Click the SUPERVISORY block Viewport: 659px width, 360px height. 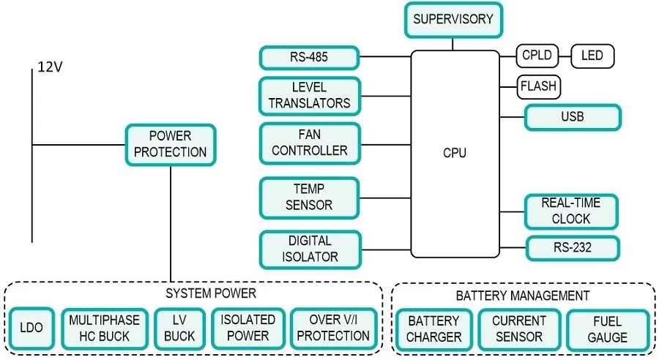tap(454, 20)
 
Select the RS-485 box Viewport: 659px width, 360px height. tap(309, 58)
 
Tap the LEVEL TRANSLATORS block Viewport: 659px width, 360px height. tap(309, 96)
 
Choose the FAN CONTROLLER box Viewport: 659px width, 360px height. tap(310, 143)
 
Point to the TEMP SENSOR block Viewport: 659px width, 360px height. tap(309, 198)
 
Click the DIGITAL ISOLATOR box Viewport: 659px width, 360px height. tap(310, 249)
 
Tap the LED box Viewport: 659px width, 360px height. tap(592, 55)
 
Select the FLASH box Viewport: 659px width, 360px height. tap(538, 86)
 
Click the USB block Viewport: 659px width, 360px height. tap(573, 117)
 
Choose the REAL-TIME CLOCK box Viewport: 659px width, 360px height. tap(572, 211)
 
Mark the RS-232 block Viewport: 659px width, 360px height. tap(573, 248)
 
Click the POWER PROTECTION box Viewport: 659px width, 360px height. tap(170, 144)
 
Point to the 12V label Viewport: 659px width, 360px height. tap(51, 67)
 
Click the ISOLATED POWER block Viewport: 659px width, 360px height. tap(248, 328)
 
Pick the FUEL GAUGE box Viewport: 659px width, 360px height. tap(607, 329)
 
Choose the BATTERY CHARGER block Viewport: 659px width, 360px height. tap(434, 329)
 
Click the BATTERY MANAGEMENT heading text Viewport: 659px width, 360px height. tap(522, 296)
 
